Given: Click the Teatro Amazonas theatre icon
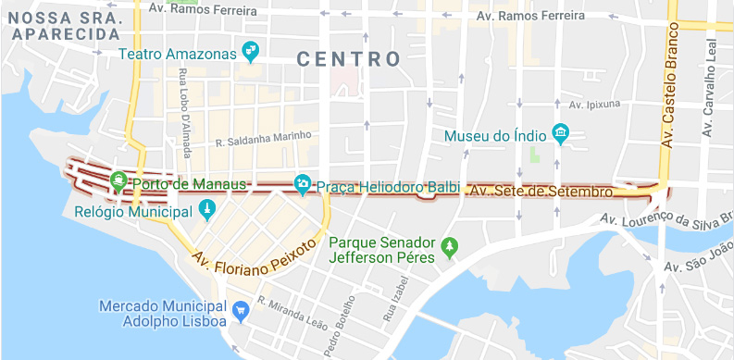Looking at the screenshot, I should (249, 49).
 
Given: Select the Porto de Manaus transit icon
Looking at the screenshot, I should (118, 182).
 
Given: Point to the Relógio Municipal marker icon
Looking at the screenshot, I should (206, 211).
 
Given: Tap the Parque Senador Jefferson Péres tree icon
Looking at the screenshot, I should (450, 246).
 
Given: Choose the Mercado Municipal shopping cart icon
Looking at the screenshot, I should (241, 310).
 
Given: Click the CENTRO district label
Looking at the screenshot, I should (349, 59).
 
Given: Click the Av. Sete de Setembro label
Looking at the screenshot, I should (541, 192).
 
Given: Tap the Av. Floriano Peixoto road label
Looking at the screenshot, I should (254, 262).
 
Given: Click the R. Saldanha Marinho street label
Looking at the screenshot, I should (263, 143).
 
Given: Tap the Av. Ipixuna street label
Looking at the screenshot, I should (594, 105).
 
